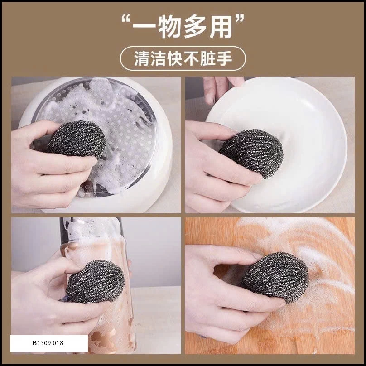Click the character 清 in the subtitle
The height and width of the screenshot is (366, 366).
pos(142,58)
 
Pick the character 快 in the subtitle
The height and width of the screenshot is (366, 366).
pos(174,58)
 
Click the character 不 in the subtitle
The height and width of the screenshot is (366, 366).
pos(191,58)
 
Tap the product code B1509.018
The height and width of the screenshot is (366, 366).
pos(48,343)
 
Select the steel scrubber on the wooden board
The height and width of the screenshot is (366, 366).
pos(275,277)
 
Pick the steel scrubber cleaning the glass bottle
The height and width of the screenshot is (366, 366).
pos(95,281)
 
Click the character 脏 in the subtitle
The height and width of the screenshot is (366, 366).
pos(207,58)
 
